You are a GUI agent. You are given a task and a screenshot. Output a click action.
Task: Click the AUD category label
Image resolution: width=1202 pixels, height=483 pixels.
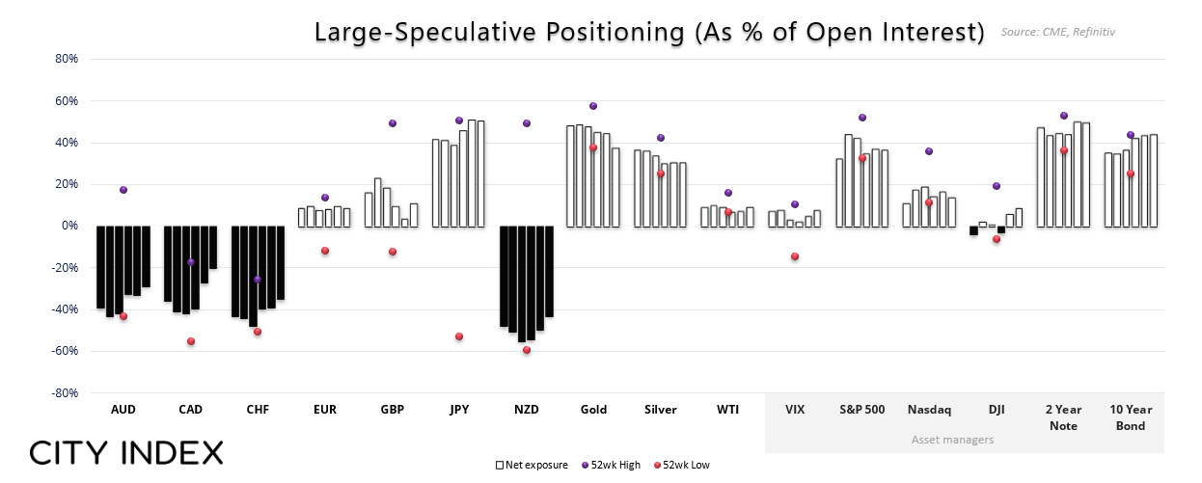pyautogui.click(x=123, y=410)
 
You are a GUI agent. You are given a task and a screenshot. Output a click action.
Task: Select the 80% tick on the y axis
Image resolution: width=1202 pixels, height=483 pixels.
pyautogui.click(x=66, y=59)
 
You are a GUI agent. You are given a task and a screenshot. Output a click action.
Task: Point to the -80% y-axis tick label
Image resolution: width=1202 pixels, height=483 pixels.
pyautogui.click(x=65, y=393)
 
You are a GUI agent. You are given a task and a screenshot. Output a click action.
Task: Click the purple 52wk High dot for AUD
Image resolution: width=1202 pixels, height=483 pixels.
pyautogui.click(x=123, y=190)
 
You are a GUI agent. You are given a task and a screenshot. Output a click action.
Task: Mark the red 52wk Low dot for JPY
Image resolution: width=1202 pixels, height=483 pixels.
pyautogui.click(x=459, y=336)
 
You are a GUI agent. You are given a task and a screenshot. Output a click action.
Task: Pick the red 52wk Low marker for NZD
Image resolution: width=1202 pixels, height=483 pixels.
pyautogui.click(x=527, y=350)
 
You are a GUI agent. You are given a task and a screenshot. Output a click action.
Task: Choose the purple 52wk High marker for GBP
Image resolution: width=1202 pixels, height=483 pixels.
pyautogui.click(x=393, y=123)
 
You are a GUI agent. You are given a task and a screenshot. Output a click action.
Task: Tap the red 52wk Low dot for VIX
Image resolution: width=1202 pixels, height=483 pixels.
pyautogui.click(x=795, y=256)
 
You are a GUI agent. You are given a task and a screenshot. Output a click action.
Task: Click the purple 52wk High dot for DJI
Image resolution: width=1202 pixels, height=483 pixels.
pyautogui.click(x=997, y=186)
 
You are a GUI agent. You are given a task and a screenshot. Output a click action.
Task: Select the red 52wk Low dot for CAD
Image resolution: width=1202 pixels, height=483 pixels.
pyautogui.click(x=191, y=341)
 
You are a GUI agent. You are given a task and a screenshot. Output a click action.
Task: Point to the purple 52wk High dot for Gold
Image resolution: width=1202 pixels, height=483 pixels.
pyautogui.click(x=593, y=106)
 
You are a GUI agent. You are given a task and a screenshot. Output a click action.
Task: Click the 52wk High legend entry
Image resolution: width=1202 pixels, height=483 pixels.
pyautogui.click(x=612, y=465)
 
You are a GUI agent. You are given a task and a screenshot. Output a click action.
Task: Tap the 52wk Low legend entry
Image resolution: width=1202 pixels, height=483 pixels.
pyautogui.click(x=683, y=465)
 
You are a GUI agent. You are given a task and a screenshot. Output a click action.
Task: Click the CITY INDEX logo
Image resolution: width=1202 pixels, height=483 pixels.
pyautogui.click(x=126, y=452)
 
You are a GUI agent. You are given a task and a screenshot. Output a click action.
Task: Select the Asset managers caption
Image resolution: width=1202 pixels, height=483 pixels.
pyautogui.click(x=953, y=440)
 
